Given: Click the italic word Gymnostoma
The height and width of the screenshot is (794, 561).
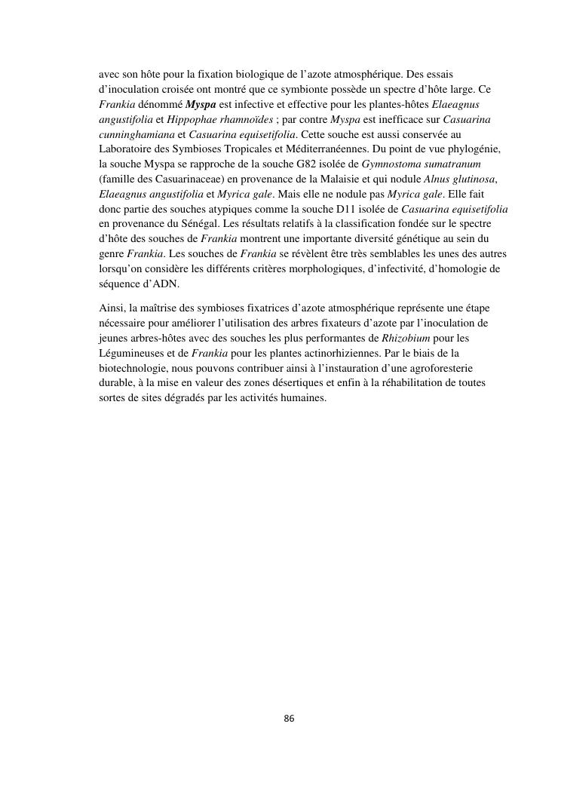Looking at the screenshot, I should tap(400, 164).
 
